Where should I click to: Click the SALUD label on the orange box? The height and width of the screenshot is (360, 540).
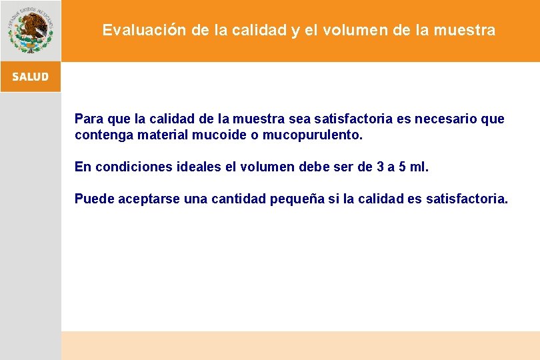[x=30, y=77]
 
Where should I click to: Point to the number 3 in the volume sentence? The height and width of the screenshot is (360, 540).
[x=380, y=167]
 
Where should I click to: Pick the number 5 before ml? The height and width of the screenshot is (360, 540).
[x=401, y=167]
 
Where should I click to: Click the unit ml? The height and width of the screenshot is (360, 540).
[x=419, y=167]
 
